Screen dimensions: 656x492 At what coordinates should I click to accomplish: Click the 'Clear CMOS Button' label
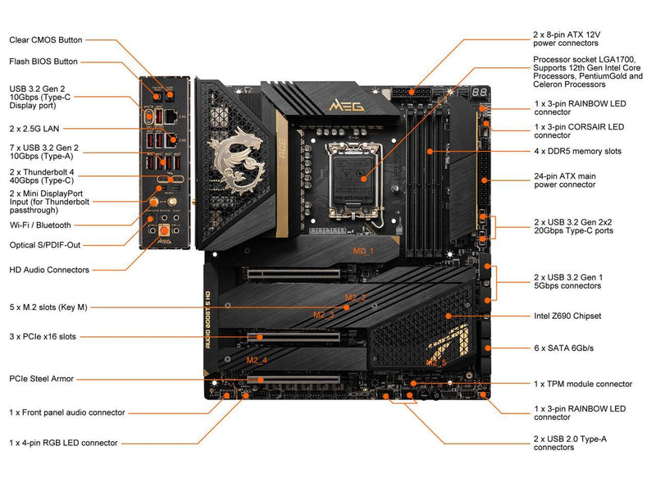pyautogui.click(x=46, y=40)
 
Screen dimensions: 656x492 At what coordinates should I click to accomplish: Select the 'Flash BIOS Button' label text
pyautogui.click(x=43, y=61)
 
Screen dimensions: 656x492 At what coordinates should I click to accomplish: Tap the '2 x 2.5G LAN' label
pyautogui.click(x=34, y=129)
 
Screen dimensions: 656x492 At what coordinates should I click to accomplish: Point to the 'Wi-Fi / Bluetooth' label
pyautogui.click(x=40, y=225)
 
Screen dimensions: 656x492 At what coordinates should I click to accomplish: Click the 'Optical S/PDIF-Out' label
pyautogui.click(x=45, y=245)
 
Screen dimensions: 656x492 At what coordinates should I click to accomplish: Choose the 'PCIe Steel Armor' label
pyautogui.click(x=42, y=379)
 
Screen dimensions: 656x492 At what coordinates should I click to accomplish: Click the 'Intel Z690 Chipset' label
pyautogui.click(x=567, y=316)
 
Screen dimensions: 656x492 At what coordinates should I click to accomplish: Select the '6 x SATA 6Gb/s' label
pyautogui.click(x=563, y=348)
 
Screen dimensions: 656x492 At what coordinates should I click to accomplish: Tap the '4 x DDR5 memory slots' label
pyautogui.click(x=577, y=152)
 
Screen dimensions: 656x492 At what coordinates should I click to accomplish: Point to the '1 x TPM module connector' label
pyautogui.click(x=583, y=384)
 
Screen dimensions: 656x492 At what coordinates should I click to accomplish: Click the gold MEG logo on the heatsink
pyautogui.click(x=346, y=106)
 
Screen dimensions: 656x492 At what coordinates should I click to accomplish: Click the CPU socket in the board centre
pyautogui.click(x=355, y=179)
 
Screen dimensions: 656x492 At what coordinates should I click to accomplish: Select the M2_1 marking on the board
pyautogui.click(x=362, y=251)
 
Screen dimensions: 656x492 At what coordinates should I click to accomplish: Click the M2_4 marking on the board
pyautogui.click(x=257, y=360)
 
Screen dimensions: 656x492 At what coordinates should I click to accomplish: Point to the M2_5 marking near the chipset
pyautogui.click(x=436, y=362)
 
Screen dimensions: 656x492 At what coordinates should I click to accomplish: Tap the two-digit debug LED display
pyautogui.click(x=479, y=92)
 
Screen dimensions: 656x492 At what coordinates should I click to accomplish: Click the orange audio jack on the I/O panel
pyautogui.click(x=165, y=230)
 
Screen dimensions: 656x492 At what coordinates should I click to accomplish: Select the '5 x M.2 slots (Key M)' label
pyautogui.click(x=48, y=307)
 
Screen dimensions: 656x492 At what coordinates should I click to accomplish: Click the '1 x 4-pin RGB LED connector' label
pyautogui.click(x=63, y=443)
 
